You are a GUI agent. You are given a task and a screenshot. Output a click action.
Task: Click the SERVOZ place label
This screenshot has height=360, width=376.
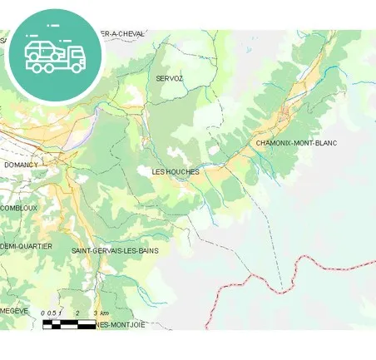[x=169, y=78]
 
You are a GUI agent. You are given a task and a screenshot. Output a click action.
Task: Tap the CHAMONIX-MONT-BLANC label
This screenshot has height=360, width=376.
[x=296, y=144]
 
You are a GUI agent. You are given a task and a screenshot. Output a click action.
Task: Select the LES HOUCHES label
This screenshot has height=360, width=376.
[x=175, y=172]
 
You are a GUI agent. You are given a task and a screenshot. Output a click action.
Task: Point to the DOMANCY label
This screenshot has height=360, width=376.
[x=21, y=165]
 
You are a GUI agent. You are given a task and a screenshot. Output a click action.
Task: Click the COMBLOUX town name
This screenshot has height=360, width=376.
[x=18, y=208]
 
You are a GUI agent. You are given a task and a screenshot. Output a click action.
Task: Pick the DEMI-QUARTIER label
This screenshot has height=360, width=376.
[x=26, y=247]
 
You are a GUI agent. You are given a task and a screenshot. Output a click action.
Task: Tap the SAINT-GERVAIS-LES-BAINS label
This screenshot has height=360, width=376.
[x=115, y=250]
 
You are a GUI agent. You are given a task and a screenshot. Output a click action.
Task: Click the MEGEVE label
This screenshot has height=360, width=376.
[x=14, y=310]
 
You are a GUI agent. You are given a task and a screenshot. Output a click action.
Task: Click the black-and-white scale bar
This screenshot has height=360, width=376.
[x=69, y=323]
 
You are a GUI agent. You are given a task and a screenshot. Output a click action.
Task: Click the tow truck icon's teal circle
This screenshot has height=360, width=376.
[x=54, y=55]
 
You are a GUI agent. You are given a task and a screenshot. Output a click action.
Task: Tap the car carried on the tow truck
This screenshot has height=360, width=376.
[x=42, y=50]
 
